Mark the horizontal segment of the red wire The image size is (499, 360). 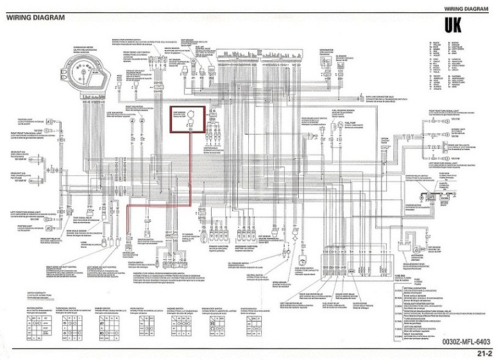pyautogui.click(x=160, y=205)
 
